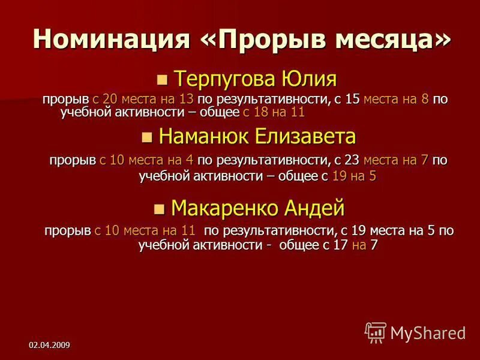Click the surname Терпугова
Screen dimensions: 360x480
[x=224, y=79]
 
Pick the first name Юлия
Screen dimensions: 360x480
[x=308, y=79]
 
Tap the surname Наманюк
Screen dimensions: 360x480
[x=204, y=137]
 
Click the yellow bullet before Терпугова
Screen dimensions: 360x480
[x=160, y=80]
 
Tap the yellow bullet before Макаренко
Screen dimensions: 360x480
[x=158, y=209]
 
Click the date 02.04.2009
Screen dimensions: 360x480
[x=49, y=344]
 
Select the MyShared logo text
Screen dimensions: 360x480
[x=427, y=332]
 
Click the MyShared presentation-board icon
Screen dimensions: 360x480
[x=376, y=332]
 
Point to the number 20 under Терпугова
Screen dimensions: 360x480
[x=110, y=99]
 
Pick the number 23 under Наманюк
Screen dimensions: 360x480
[x=352, y=160]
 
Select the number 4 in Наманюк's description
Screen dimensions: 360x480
[x=188, y=160]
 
